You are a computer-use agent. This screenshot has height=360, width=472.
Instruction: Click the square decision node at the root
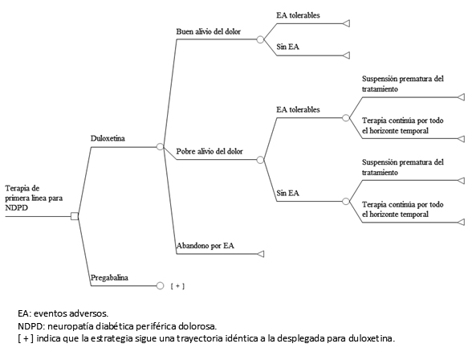75,216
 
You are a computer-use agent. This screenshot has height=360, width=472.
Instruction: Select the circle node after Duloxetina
161,147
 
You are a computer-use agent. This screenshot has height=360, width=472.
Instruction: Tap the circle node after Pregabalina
161,285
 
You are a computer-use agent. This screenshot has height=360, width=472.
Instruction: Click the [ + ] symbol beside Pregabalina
177,286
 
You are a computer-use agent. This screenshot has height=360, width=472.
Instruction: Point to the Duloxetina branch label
108,138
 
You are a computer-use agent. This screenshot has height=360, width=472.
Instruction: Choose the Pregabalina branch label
109,277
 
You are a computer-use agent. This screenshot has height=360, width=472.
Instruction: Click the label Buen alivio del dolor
209,31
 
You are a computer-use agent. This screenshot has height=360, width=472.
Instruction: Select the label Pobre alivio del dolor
210,151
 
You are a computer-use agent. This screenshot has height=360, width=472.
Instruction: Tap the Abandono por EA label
205,246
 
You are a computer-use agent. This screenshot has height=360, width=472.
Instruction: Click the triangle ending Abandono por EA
261,254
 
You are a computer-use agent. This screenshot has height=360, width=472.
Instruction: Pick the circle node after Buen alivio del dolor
260,39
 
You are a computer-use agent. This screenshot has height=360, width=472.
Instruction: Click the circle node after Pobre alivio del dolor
260,160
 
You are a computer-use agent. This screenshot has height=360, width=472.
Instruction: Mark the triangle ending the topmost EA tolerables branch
346,23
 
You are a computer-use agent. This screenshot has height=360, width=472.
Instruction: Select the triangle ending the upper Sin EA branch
346,55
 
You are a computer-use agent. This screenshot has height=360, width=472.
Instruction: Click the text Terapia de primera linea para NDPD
34,198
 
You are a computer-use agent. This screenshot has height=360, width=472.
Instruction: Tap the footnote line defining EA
63,313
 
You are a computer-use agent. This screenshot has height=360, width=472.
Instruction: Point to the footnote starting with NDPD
117,326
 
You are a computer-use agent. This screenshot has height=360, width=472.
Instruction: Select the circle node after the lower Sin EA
346,201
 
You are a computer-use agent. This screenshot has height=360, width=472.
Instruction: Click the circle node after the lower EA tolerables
346,118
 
